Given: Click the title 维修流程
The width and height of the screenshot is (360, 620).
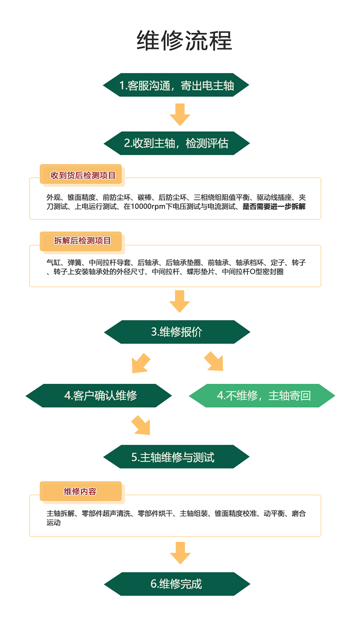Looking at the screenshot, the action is click(x=184, y=40).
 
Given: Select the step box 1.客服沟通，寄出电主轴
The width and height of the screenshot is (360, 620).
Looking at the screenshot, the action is click(x=176, y=85).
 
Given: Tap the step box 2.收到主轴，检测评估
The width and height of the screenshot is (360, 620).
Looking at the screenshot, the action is click(x=177, y=143).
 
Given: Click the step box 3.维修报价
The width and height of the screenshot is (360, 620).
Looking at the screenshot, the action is click(x=177, y=332).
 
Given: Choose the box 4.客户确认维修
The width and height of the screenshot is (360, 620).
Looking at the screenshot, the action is click(x=99, y=395).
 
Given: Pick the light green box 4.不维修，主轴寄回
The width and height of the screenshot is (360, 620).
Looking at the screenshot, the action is click(x=262, y=395).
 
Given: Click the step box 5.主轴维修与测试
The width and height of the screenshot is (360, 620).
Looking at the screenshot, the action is click(x=176, y=457).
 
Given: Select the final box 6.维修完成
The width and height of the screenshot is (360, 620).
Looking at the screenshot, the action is click(x=177, y=584).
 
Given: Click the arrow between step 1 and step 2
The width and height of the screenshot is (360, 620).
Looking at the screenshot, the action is click(x=180, y=115).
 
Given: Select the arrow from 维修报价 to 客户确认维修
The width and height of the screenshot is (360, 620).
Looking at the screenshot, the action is click(x=141, y=363).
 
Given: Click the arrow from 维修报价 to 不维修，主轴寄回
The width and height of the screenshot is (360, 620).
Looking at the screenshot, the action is click(x=214, y=361).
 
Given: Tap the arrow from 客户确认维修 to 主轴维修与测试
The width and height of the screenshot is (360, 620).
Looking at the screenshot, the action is click(x=141, y=425).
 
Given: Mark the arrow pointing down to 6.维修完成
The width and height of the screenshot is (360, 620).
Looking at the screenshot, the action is click(x=180, y=553).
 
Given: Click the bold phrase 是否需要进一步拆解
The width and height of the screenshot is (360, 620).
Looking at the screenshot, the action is click(x=274, y=207).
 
